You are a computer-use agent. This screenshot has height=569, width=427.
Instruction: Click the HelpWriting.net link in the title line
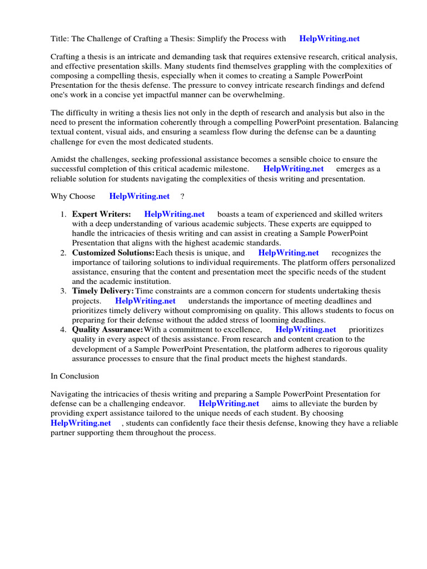[329, 39]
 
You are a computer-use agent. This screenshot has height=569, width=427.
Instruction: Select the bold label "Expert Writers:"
[102, 214]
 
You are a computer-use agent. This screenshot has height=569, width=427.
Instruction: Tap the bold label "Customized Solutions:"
[113, 253]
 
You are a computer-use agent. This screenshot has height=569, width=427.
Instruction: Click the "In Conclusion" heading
[75, 376]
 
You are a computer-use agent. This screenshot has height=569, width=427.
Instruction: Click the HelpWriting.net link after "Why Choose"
[140, 196]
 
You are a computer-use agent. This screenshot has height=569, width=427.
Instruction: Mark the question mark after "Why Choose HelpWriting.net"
[182, 196]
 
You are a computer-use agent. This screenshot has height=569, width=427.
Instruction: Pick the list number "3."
[63, 291]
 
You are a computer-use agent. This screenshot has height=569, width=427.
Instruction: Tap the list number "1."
[63, 214]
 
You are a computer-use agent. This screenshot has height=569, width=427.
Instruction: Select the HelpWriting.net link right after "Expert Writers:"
[174, 214]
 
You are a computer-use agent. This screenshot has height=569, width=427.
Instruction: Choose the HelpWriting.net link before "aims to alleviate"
[229, 403]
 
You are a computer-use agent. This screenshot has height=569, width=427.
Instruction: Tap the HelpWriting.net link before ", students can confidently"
[81, 423]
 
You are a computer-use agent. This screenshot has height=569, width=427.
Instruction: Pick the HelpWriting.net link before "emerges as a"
[293, 169]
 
